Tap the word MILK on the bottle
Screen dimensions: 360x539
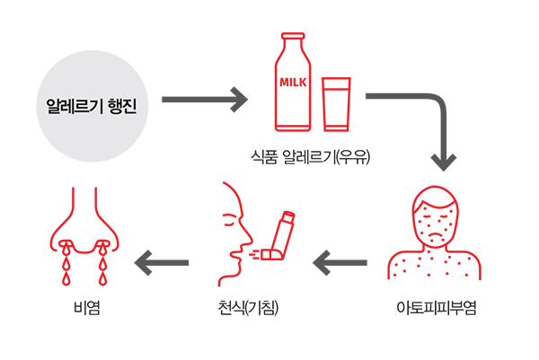(x=294, y=83)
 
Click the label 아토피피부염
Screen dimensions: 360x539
(x=436, y=309)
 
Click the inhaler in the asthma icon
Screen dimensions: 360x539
(x=281, y=237)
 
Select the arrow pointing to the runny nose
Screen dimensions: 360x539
(x=162, y=263)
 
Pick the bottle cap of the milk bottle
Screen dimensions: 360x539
(x=293, y=39)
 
